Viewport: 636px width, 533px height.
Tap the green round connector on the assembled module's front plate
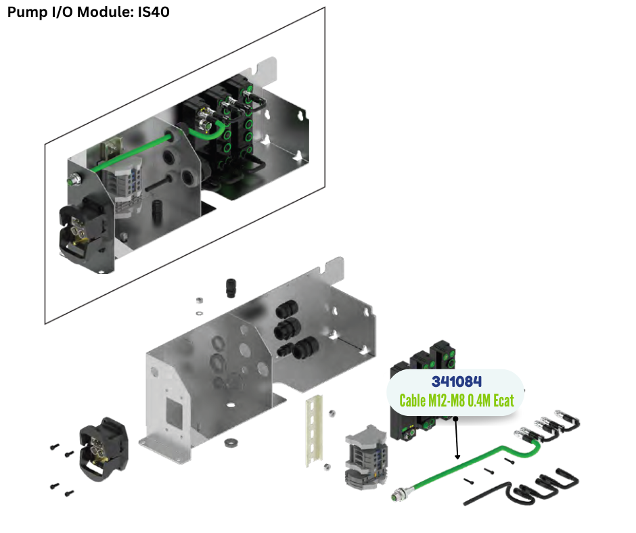click(x=71, y=180)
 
